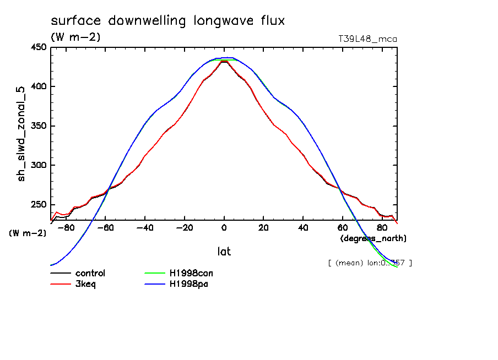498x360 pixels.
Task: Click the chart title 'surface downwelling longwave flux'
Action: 167,21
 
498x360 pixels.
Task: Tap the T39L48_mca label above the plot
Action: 367,39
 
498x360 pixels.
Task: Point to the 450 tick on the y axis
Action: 38,47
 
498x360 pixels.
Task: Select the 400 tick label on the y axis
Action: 38,86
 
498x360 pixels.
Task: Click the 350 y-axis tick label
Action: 38,126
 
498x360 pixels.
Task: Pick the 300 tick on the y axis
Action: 38,165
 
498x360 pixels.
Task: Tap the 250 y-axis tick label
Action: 38,205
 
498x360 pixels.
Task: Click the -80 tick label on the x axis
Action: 66,228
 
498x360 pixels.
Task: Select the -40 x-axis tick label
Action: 144,228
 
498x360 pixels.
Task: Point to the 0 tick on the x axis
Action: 224,228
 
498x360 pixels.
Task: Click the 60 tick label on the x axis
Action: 342,228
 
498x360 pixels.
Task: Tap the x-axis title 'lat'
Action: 224,252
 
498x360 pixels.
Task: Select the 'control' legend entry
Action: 90,273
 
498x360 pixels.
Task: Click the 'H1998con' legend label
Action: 189,273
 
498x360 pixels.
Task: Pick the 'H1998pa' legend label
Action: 187,284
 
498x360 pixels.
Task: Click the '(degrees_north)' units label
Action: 373,238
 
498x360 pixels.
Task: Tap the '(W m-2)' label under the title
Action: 75,37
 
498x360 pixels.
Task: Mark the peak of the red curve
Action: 224,61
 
